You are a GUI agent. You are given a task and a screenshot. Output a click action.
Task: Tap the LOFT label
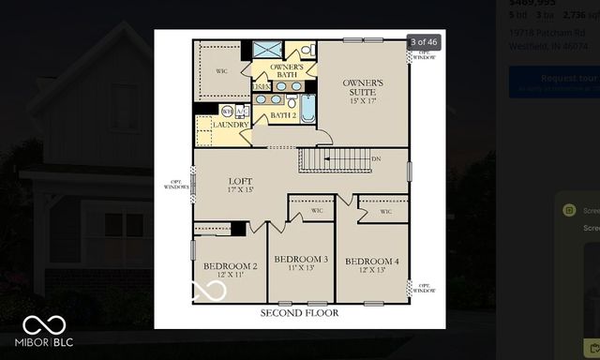[241, 183]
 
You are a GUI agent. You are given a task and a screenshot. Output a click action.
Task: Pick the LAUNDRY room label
[231, 124]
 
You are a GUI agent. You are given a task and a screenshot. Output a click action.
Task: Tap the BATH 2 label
[283, 115]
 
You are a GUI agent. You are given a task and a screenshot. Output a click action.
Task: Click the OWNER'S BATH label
[286, 71]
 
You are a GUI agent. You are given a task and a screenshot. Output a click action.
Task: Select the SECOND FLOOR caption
[299, 312]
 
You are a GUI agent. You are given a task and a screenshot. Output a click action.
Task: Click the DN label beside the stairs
[376, 159]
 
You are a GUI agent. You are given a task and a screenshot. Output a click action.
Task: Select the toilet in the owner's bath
[307, 50]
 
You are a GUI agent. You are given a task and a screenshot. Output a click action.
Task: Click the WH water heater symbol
[227, 111]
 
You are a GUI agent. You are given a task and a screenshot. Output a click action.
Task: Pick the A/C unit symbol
[241, 111]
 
